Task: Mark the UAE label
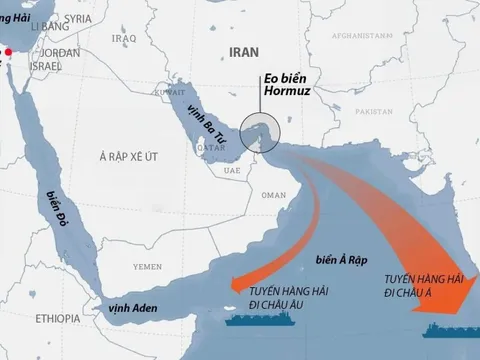pyautogui.click(x=233, y=170)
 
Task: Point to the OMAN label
pyautogui.click(x=268, y=196)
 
